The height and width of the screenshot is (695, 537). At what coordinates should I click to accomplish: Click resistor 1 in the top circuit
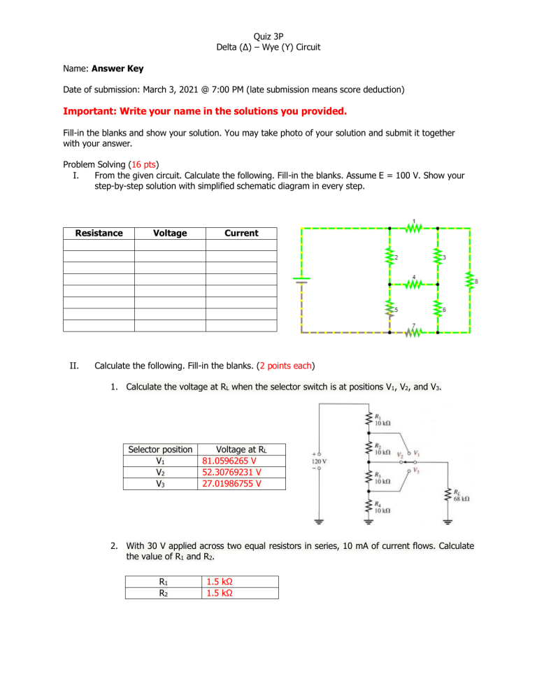tap(413, 227)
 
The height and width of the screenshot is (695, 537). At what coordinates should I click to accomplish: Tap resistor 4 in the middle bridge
tap(414, 285)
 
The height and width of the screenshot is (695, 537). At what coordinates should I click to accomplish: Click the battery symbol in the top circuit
tap(301, 280)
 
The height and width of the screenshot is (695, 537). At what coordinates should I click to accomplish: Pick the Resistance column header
tap(99, 233)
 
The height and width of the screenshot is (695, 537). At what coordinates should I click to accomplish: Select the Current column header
tap(241, 233)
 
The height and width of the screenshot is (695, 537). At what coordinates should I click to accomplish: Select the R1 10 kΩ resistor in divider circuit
tap(368, 420)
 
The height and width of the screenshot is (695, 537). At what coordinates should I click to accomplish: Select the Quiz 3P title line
tap(268, 32)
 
